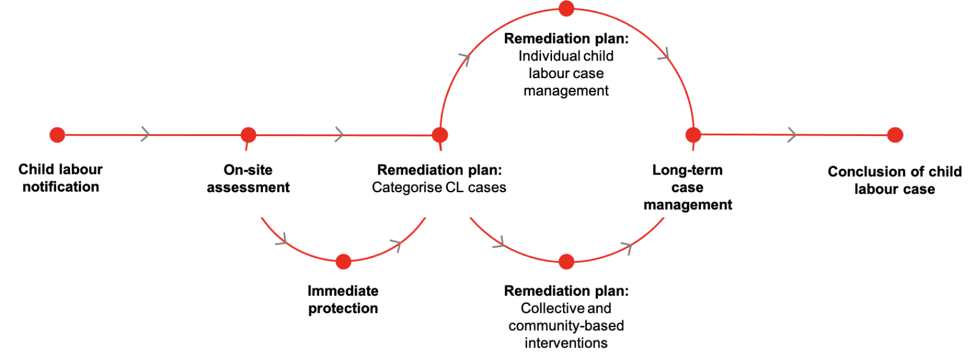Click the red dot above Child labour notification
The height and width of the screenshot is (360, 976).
tap(57, 135)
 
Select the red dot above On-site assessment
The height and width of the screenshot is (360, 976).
tap(248, 135)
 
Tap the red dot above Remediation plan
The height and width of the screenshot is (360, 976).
tap(440, 135)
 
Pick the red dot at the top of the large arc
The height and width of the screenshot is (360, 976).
tap(567, 9)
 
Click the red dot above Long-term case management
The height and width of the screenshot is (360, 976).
tap(694, 135)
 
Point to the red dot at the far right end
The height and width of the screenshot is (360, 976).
tap(895, 135)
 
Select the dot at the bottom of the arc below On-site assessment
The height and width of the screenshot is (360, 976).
tap(343, 262)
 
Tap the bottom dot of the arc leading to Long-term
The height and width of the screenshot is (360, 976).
tap(567, 262)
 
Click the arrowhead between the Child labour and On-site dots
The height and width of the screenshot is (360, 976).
tap(145, 134)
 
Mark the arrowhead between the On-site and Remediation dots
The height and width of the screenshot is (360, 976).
tap(339, 135)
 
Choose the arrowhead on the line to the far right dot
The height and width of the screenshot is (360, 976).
tap(792, 135)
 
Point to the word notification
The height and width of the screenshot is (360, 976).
tap(61, 187)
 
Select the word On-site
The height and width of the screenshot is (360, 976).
tap(248, 170)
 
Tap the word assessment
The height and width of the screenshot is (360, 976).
tap(248, 187)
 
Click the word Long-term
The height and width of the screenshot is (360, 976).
tap(687, 170)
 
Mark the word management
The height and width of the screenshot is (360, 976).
tap(687, 205)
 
